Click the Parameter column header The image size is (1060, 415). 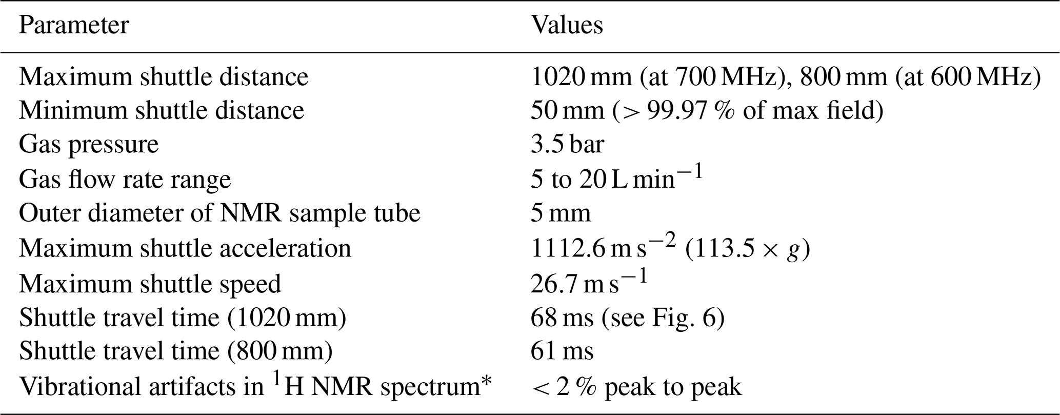click(x=74, y=25)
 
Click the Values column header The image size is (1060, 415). click(x=567, y=25)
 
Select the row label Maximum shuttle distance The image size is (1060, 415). click(x=164, y=77)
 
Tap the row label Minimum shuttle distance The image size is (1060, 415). click(x=162, y=111)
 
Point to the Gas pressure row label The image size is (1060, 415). click(x=89, y=145)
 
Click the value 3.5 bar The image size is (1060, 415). click(x=567, y=145)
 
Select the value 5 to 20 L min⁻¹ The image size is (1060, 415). click(x=615, y=179)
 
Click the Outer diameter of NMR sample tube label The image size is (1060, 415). click(x=219, y=213)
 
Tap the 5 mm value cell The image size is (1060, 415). click(x=561, y=213)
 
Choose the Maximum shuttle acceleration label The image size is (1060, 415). click(x=185, y=248)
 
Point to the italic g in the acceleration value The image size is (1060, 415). click(x=793, y=251)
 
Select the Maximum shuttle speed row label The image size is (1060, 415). click(x=150, y=284)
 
